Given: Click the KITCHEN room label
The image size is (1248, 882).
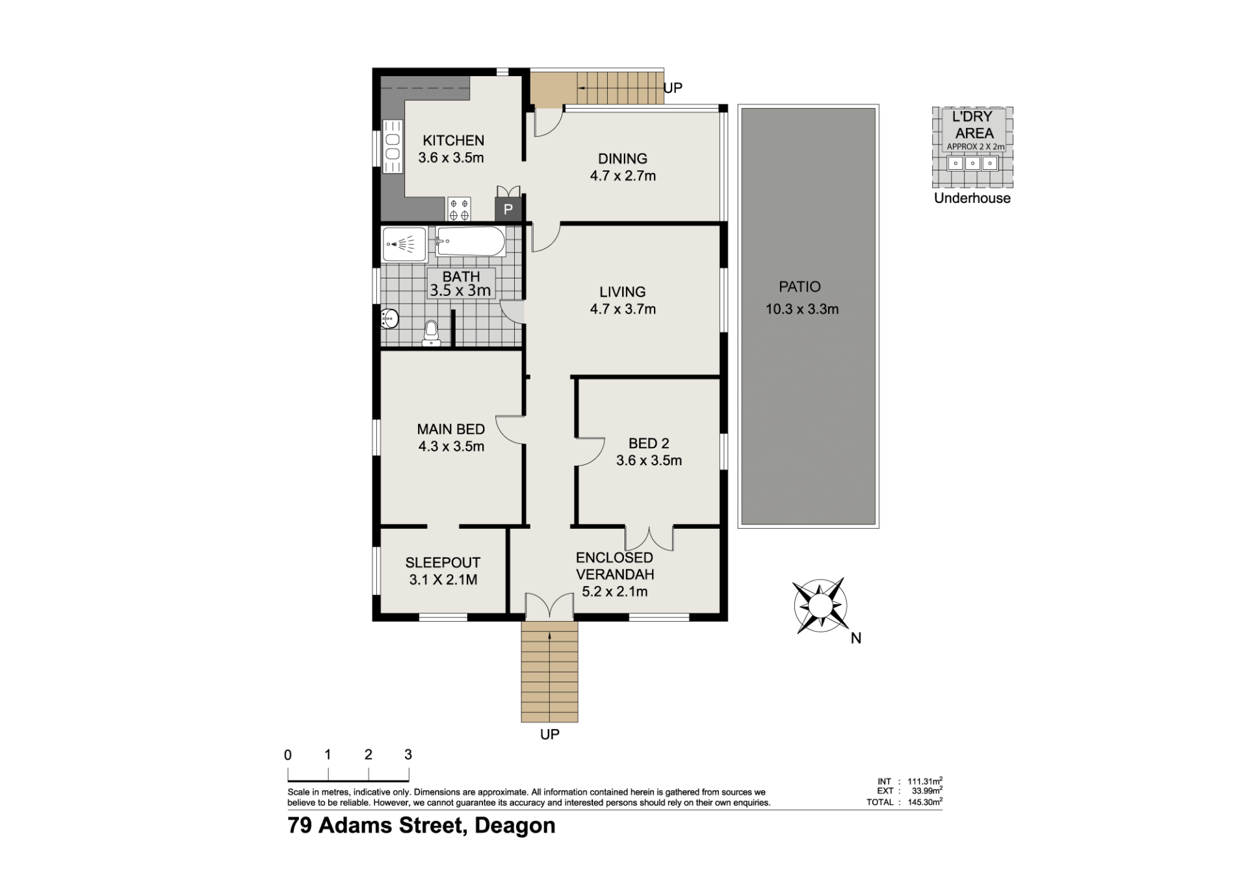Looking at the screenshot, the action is click(x=453, y=140).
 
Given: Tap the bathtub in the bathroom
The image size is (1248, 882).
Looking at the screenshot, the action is click(x=471, y=241).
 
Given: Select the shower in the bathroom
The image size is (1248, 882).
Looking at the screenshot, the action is click(x=404, y=245).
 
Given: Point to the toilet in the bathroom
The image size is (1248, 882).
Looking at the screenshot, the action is click(x=431, y=333).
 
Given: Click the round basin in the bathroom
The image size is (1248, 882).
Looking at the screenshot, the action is click(x=389, y=319).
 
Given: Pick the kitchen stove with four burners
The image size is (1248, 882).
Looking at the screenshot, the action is click(x=459, y=209).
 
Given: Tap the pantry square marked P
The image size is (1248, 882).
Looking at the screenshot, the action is click(x=508, y=209).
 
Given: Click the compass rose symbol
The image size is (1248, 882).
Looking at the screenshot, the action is click(x=820, y=606).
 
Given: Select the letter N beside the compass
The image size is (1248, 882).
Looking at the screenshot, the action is click(x=856, y=639).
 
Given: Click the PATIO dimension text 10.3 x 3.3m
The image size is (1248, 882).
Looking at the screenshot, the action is click(x=801, y=310).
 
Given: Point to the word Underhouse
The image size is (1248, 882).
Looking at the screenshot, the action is click(x=972, y=198).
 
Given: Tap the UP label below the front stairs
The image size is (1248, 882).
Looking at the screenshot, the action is click(x=550, y=734).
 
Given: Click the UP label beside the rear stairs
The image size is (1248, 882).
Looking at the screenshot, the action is click(x=673, y=88).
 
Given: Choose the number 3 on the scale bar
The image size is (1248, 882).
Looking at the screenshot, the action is click(x=408, y=755).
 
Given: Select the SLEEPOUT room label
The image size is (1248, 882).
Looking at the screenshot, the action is click(x=443, y=563).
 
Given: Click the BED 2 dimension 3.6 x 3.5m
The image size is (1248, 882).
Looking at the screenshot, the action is click(x=649, y=461).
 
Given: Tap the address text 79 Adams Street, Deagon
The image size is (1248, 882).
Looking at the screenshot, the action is click(x=422, y=825).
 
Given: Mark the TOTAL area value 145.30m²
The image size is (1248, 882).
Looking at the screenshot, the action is click(x=925, y=802).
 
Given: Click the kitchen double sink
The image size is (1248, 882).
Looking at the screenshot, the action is click(x=392, y=147).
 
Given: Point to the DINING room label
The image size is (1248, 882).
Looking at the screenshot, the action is click(x=623, y=159).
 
